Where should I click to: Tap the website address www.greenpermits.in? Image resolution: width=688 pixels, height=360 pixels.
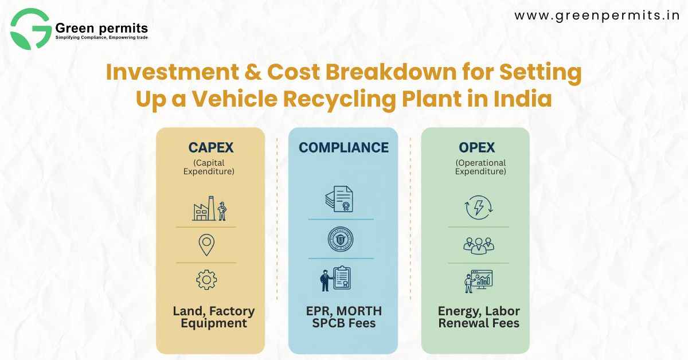(x=597, y=15)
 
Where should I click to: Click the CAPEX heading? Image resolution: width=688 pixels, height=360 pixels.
(x=210, y=147)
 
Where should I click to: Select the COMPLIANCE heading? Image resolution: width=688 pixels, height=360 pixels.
(x=343, y=147)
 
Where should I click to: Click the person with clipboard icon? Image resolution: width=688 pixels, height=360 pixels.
(x=335, y=279)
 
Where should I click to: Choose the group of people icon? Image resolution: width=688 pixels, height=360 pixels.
(x=478, y=245)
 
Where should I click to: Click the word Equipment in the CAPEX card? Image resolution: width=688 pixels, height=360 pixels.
(x=214, y=323)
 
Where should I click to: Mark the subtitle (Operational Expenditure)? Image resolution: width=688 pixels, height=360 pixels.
(x=480, y=166)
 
